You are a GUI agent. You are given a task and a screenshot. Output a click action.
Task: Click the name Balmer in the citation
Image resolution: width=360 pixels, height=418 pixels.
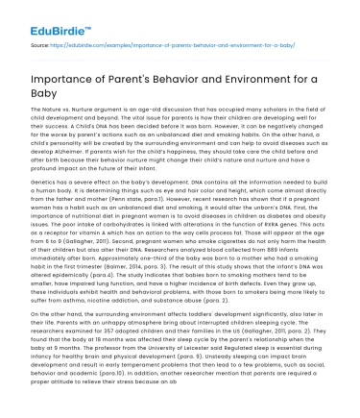(125, 283)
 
